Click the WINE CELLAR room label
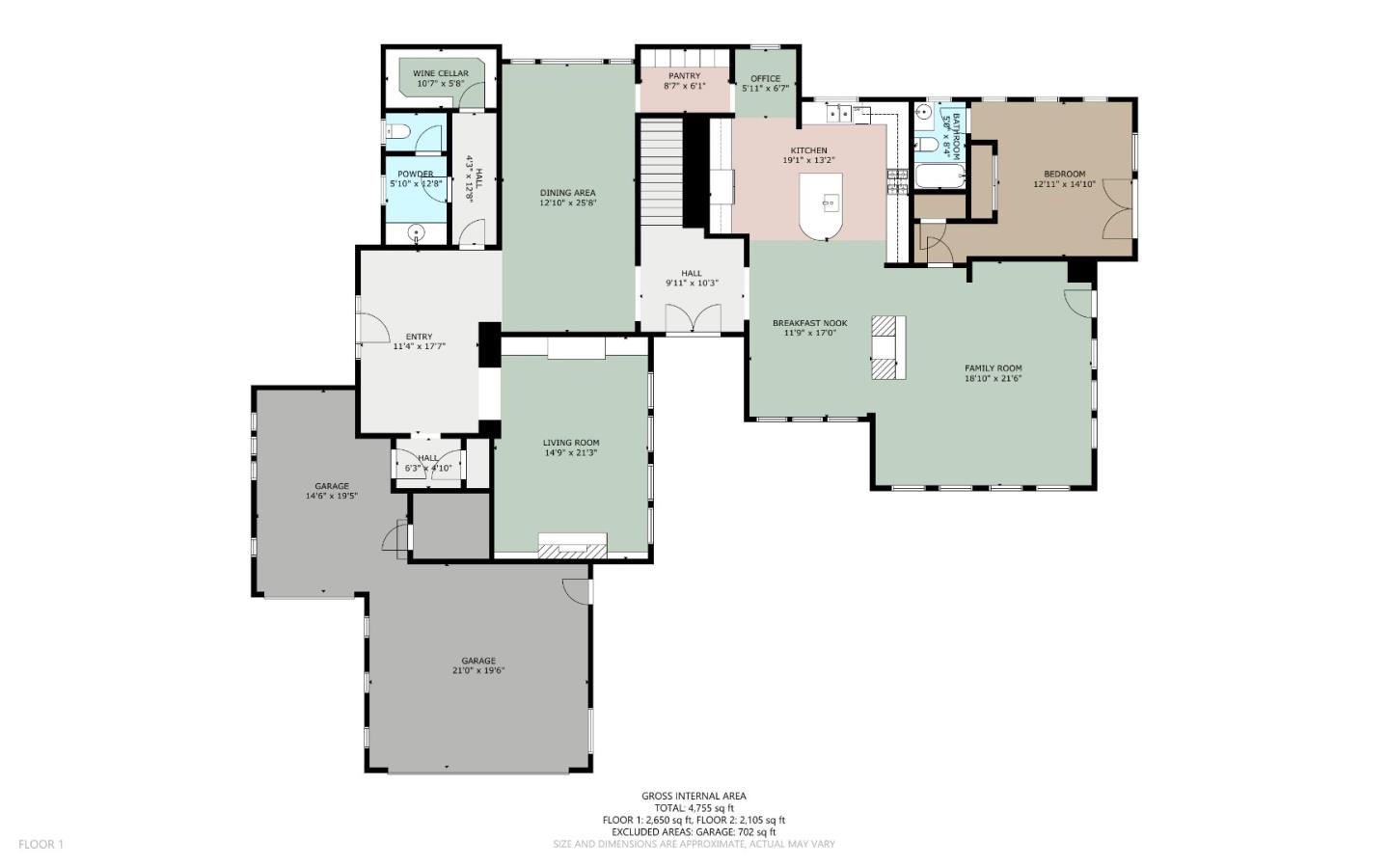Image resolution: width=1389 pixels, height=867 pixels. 440,73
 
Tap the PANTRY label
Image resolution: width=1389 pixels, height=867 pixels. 684,76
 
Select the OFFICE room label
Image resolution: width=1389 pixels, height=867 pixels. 765,79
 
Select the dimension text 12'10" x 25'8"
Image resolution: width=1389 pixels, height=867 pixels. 568,203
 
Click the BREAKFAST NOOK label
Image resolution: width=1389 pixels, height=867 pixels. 809,323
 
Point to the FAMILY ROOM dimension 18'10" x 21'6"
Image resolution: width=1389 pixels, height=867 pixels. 993,379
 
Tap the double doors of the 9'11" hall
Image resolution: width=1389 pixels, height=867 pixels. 693,318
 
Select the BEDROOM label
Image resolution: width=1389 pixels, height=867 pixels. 1064,175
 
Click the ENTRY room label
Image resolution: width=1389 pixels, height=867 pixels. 419,337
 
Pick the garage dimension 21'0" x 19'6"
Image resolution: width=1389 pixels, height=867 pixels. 478,671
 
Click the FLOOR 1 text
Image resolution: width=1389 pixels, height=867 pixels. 41,844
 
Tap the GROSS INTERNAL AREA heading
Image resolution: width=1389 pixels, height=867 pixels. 693,796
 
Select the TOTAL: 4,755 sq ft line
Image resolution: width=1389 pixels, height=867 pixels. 694,808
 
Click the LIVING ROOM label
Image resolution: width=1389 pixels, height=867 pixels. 570,443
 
